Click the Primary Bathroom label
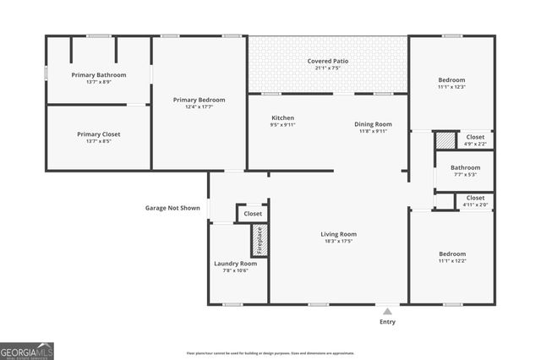pyautogui.click(x=99, y=75)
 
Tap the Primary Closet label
pyautogui.click(x=99, y=134)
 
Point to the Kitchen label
pyautogui.click(x=282, y=117)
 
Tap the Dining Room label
pyautogui.click(x=373, y=124)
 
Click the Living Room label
pyautogui.click(x=338, y=234)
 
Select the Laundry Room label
pyautogui.click(x=235, y=263)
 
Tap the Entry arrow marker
pyautogui.click(x=387, y=310)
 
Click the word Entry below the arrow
pyautogui.click(x=387, y=322)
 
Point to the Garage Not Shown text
pyautogui.click(x=172, y=208)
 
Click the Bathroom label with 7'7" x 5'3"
pyautogui.click(x=465, y=167)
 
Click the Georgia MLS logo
pyautogui.click(x=27, y=350)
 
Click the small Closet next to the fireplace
pyautogui.click(x=253, y=214)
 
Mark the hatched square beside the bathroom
pyautogui.click(x=445, y=141)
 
